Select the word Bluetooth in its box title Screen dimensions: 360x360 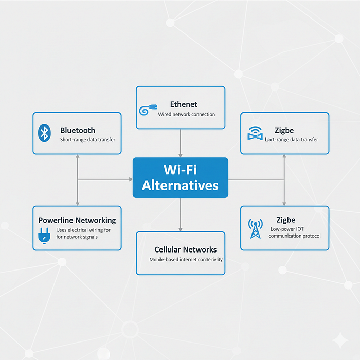[78, 130]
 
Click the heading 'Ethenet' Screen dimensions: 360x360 [184, 104]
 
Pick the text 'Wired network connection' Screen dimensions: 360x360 [187, 114]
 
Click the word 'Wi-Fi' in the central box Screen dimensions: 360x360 [180, 170]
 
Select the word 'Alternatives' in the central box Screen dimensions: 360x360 [180, 186]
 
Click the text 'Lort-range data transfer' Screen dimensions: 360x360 [292, 139]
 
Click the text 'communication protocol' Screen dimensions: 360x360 [295, 236]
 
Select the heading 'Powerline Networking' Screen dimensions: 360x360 [77, 220]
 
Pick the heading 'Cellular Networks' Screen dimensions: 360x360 [185, 249]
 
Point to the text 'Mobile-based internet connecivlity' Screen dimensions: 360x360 [186, 260]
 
